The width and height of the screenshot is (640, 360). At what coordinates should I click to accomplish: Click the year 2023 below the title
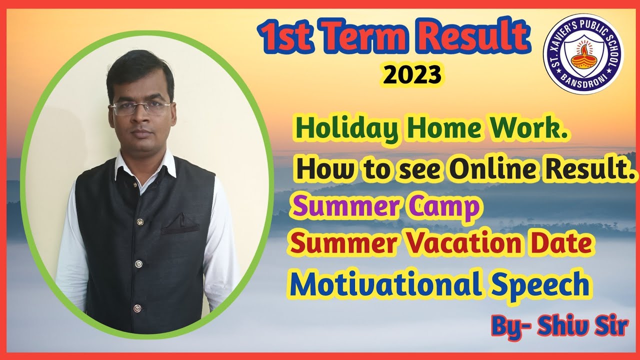pyautogui.click(x=412, y=75)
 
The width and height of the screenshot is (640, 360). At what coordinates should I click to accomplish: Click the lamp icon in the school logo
pyautogui.click(x=582, y=55)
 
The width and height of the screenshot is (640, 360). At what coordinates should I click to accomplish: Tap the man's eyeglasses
pyautogui.click(x=141, y=108)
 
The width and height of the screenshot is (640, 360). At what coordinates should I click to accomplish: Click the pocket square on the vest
pyautogui.click(x=180, y=225)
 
